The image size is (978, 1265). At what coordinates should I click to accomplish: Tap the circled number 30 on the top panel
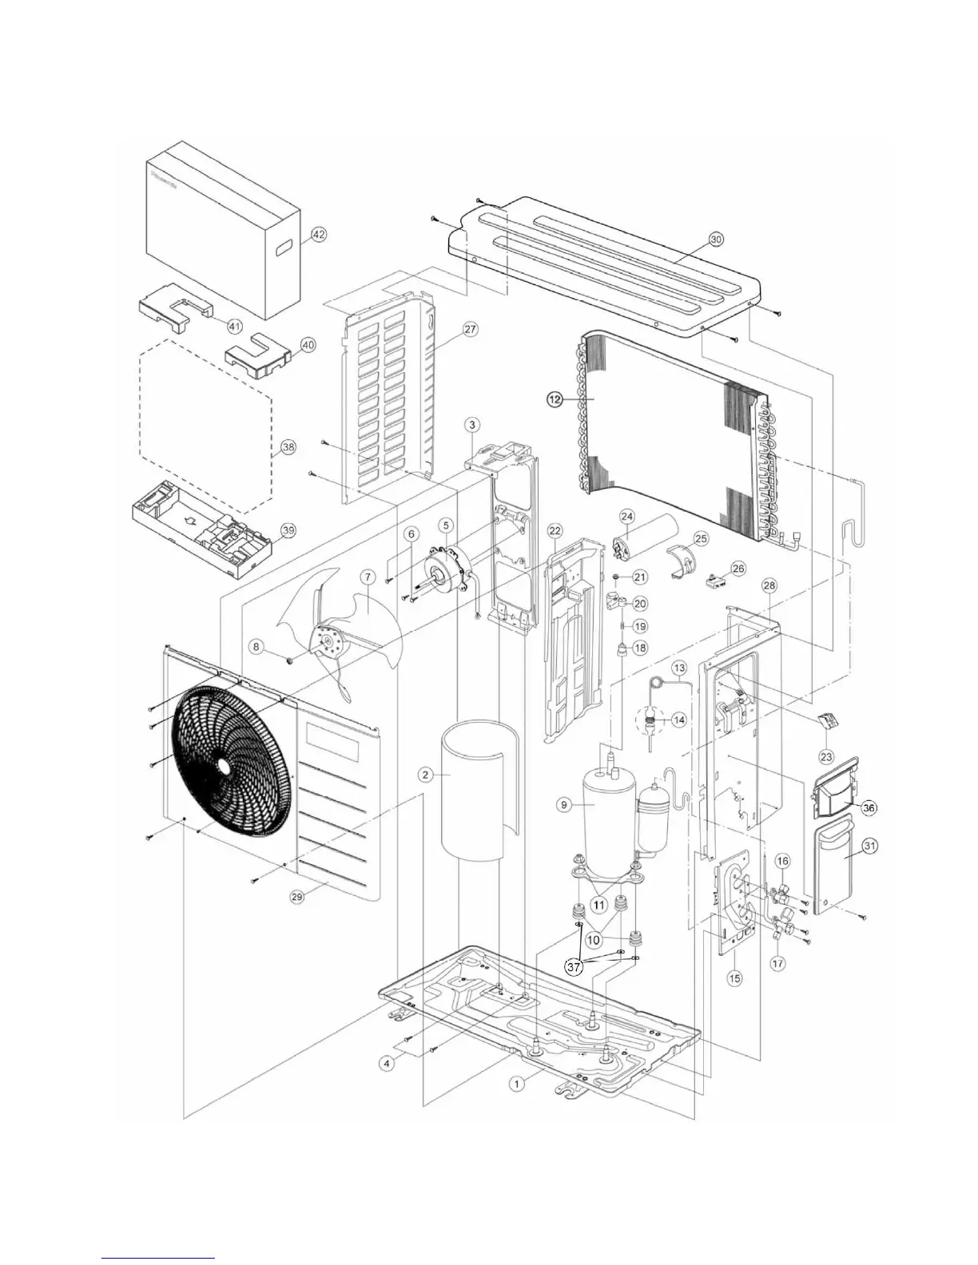click(x=716, y=239)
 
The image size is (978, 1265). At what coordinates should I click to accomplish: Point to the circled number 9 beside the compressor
click(x=564, y=805)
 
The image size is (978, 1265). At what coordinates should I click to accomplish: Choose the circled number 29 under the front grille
click(x=297, y=898)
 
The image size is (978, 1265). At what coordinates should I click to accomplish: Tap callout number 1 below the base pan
click(x=518, y=1084)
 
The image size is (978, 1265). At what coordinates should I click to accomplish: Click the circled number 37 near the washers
click(x=573, y=966)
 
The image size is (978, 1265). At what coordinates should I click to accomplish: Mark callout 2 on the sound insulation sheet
click(x=426, y=775)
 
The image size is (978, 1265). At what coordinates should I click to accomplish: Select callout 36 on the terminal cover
click(x=869, y=808)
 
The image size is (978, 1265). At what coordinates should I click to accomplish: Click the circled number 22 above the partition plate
click(x=555, y=530)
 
